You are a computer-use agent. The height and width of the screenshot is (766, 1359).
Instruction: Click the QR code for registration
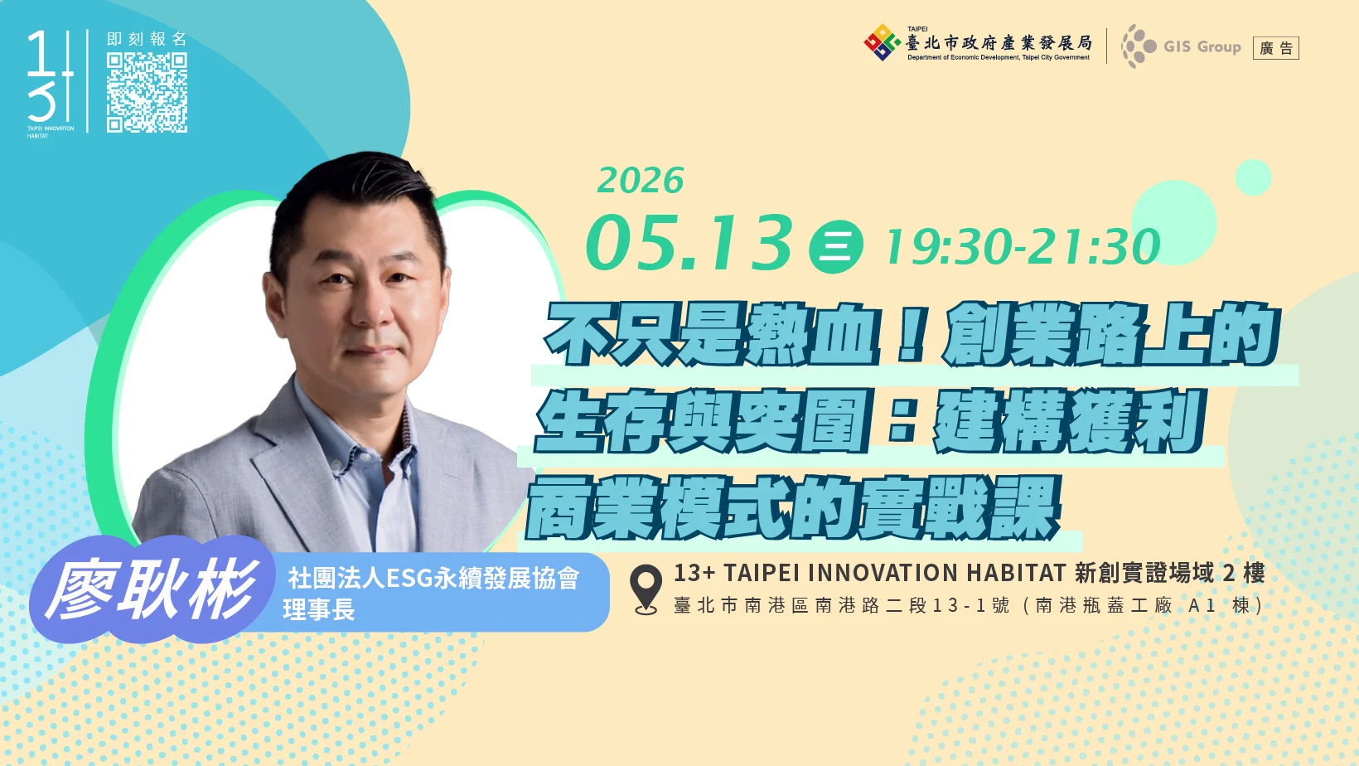click(x=147, y=92)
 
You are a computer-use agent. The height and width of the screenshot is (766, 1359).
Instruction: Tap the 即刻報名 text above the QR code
click(x=147, y=39)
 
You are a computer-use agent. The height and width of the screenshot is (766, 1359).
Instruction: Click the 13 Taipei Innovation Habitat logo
click(x=51, y=84)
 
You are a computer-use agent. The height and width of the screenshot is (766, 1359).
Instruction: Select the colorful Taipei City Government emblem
click(x=882, y=42)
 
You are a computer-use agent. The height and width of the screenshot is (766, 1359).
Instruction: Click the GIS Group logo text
click(x=1202, y=46)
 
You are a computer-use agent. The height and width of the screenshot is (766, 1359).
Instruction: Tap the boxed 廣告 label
click(x=1276, y=48)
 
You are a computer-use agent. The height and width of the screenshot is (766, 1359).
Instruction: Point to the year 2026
click(x=640, y=180)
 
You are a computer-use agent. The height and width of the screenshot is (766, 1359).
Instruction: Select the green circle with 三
click(x=835, y=246)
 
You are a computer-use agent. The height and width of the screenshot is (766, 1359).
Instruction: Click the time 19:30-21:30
click(x=1023, y=246)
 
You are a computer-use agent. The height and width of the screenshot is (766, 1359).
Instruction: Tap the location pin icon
click(x=646, y=589)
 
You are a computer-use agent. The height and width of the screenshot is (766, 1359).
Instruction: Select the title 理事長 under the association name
click(x=318, y=609)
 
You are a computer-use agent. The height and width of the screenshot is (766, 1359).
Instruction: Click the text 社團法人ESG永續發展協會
click(x=433, y=579)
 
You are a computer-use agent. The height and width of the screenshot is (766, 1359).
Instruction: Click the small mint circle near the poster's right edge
click(x=1253, y=177)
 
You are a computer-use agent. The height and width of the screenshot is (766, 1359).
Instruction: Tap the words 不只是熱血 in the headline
click(x=712, y=335)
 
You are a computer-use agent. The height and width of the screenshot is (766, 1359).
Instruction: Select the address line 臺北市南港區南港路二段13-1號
click(x=841, y=605)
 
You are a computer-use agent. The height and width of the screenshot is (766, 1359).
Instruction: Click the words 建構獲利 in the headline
click(x=1068, y=421)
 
